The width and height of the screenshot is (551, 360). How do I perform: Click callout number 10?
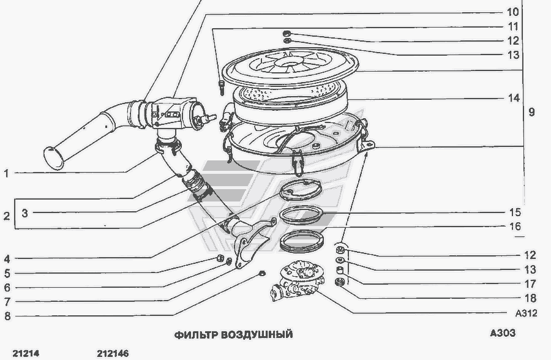pos(513,12)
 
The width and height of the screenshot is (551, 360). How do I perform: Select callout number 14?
pos(514,98)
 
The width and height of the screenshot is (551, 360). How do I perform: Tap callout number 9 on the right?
pos(531,112)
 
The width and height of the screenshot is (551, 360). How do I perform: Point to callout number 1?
pos(6,173)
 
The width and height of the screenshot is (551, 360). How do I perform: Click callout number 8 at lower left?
pos(7,316)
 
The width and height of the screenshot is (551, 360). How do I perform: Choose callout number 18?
pos(530,298)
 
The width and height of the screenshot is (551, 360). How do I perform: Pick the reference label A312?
pos(526,313)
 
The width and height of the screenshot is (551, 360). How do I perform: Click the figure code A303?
pos(503,332)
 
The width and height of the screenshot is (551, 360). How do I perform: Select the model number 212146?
pos(113,353)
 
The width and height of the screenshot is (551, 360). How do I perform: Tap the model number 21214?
pos(26,353)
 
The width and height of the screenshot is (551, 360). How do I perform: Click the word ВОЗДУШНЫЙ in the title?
pos(257,334)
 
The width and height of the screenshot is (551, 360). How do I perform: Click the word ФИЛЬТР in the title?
pos(196,334)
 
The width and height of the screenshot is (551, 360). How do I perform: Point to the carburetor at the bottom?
pos(298,280)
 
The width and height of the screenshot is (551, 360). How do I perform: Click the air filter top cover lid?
pos(291,67)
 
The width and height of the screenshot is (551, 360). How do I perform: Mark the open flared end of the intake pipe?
pos(54,159)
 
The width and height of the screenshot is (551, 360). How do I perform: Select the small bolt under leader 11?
pos(222,87)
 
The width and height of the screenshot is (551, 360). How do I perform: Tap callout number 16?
pos(515,227)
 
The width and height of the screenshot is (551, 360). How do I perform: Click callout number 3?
pos(24,213)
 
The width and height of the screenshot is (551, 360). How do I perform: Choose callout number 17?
pos(530,283)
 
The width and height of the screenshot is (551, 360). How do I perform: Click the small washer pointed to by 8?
pos(261,274)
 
